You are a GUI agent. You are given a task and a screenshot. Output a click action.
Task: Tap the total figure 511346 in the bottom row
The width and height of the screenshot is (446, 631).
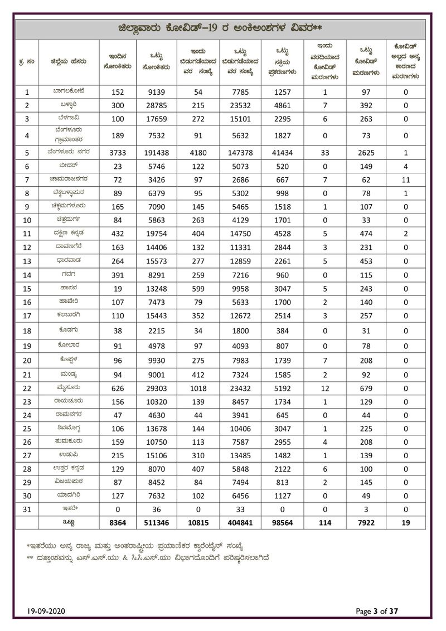156,523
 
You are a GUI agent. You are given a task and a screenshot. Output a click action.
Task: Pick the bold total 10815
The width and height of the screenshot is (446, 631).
199,523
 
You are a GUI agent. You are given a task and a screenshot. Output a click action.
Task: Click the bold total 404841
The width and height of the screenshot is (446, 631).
241,523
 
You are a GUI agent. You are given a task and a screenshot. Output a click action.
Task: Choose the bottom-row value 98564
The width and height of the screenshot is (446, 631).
286,523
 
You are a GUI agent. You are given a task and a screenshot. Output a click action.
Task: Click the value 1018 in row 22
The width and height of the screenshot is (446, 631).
199,389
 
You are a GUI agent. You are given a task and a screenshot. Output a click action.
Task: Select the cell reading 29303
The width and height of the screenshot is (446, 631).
156,389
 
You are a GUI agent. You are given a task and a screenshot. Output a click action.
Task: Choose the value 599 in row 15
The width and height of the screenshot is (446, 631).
199,288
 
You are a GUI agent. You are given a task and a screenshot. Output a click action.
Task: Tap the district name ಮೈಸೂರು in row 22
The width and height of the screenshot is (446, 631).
66,389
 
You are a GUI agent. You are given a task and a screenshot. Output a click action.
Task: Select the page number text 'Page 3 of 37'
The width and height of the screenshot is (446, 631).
377,611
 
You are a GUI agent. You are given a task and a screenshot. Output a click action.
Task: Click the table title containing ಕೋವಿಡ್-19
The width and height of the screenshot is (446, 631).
223,28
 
